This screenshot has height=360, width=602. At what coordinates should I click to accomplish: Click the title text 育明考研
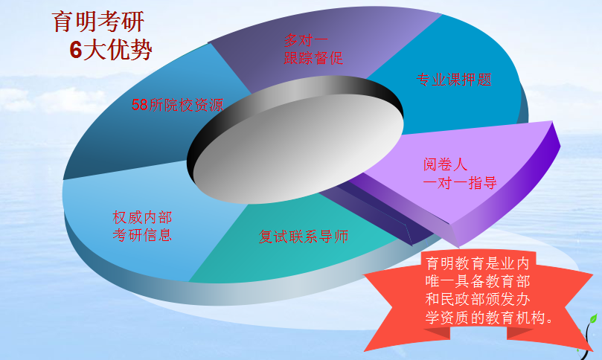point(98,22)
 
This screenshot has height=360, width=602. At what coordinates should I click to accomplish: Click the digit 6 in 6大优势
point(76,50)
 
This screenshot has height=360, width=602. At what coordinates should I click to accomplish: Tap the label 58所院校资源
point(177,105)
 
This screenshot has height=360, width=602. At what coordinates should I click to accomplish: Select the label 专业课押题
point(454,80)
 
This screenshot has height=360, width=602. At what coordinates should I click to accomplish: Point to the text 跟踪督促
point(313,58)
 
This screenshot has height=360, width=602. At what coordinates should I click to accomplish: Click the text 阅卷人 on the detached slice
point(445,164)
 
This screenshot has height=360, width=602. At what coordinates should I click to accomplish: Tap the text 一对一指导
point(460,183)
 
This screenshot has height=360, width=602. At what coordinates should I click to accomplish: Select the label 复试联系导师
point(304,237)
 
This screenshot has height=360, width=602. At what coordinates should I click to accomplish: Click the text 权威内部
point(142,217)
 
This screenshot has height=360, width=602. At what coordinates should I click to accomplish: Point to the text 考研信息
point(142,235)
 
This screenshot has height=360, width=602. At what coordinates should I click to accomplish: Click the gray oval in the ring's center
point(298,149)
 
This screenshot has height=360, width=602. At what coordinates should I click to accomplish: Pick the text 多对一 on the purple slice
point(306,40)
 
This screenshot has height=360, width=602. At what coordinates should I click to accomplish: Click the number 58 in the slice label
point(140,105)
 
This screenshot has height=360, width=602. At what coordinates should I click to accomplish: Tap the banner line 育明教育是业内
point(478,263)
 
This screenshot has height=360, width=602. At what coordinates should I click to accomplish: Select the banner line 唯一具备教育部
point(478,281)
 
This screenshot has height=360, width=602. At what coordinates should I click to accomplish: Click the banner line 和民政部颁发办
point(478,299)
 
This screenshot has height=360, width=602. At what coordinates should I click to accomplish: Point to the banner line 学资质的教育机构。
point(489,318)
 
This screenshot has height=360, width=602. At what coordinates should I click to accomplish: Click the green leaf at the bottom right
point(593,319)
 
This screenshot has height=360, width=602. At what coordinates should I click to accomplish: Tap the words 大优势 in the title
point(118,50)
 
